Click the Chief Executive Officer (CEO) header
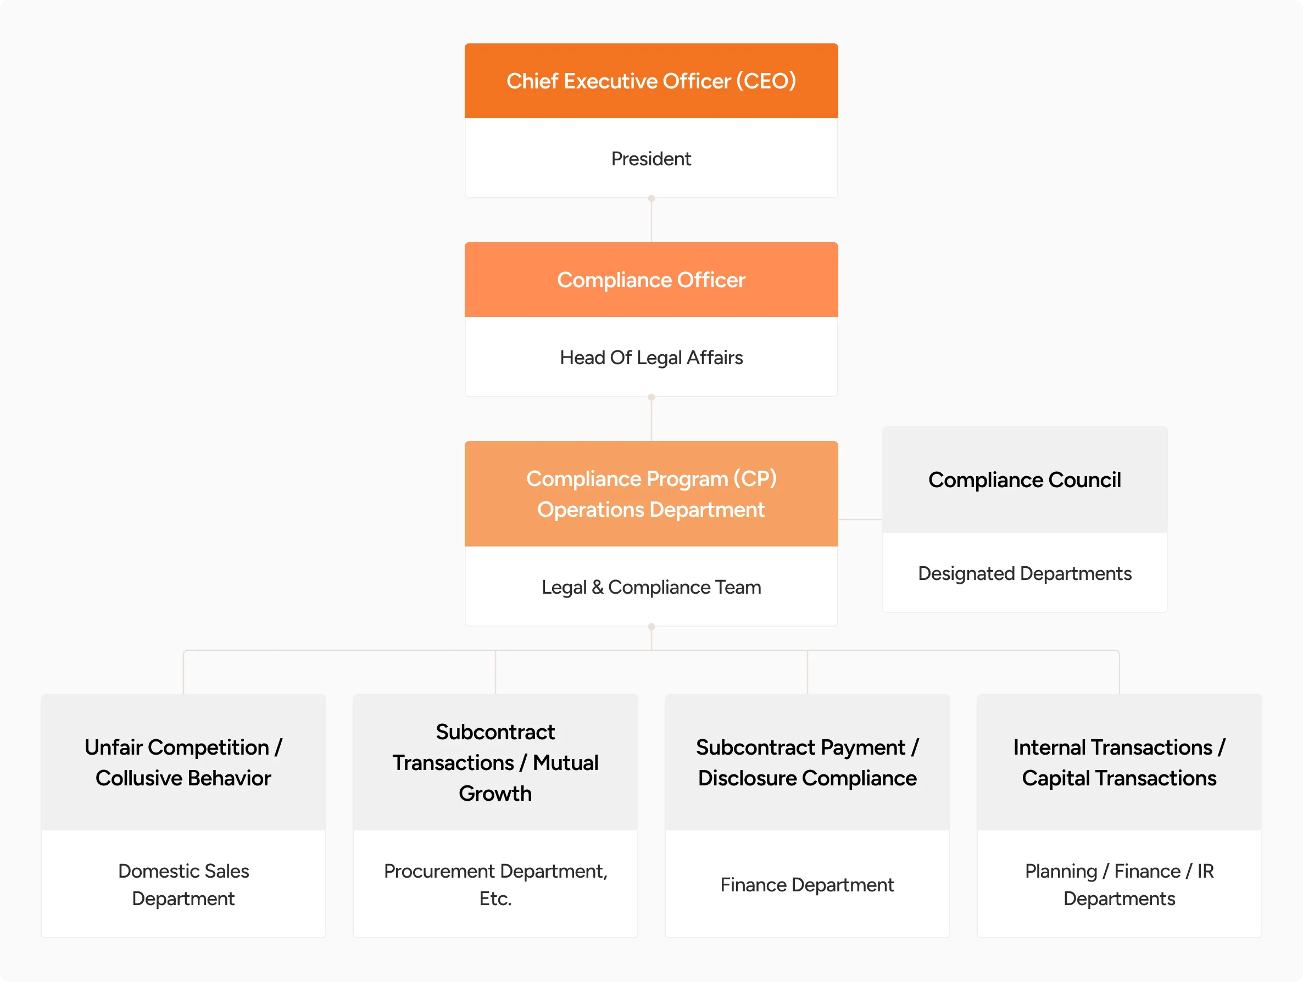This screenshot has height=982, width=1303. click(651, 81)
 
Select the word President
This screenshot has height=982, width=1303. click(651, 159)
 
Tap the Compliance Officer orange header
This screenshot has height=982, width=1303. click(651, 280)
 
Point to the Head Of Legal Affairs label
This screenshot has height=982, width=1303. click(651, 358)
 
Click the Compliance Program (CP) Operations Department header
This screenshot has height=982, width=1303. click(651, 494)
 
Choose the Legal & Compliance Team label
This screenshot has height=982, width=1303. click(651, 587)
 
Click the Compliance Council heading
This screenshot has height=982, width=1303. click(1024, 480)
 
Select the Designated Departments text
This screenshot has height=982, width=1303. click(1024, 573)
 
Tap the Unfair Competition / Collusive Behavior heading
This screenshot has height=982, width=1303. click(183, 762)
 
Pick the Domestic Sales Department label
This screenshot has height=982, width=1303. click(183, 884)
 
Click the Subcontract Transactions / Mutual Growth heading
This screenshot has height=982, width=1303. click(495, 762)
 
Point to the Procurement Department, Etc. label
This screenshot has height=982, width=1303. click(495, 884)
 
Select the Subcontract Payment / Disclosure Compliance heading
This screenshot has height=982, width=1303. click(807, 762)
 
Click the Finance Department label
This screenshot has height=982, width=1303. click(807, 885)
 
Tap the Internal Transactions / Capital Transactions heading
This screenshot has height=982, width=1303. click(1119, 762)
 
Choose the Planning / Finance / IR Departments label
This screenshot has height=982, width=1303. click(1119, 884)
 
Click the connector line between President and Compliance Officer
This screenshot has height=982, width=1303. click(651, 220)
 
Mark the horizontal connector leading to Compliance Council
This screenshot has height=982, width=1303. click(860, 520)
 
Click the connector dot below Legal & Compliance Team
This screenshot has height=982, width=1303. click(651, 627)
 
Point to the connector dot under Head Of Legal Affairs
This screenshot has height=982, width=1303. click(651, 397)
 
